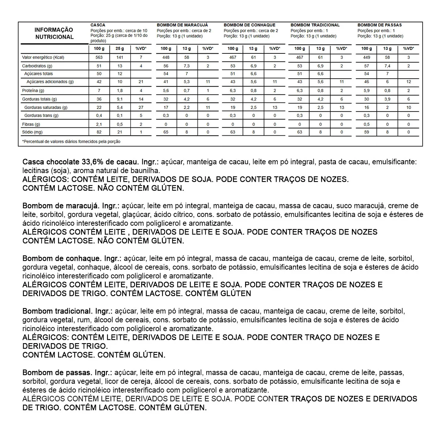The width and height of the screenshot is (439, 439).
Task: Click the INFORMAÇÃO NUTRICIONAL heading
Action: pyautogui.click(x=54, y=33)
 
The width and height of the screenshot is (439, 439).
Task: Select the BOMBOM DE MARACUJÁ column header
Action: pyautogui.click(x=179, y=25)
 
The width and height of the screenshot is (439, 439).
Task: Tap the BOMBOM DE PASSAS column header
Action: pyautogui.click(x=379, y=25)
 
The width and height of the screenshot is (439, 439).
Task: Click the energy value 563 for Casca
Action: pyautogui.click(x=99, y=57)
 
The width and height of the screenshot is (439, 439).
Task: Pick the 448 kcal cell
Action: pyautogui.click(x=166, y=57)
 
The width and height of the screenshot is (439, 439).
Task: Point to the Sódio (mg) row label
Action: pyautogui.click(x=32, y=132)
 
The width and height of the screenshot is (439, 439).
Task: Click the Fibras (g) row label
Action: pyautogui.click(x=31, y=124)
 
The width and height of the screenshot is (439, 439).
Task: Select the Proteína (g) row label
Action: pyautogui.click(x=33, y=90)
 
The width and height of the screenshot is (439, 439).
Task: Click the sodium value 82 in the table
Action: pyautogui.click(x=99, y=132)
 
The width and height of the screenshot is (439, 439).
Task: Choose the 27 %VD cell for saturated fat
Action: pyautogui.click(x=141, y=108)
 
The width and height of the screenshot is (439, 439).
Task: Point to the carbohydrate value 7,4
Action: pyautogui.click(x=387, y=66)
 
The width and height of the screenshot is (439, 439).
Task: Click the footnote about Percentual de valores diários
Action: pyautogui.click(x=71, y=141)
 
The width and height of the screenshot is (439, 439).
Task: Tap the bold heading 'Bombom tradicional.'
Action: pyautogui.click(x=57, y=311)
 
